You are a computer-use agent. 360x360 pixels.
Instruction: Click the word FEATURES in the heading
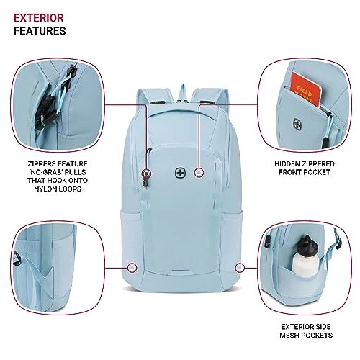pos(40,31)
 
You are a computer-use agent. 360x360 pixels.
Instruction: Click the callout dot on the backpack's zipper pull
pos(147,174)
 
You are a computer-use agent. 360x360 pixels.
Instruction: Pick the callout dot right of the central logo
pos(199,174)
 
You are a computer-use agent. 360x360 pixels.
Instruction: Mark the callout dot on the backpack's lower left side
pos(132,267)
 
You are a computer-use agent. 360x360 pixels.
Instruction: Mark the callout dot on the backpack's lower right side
pos(239,267)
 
